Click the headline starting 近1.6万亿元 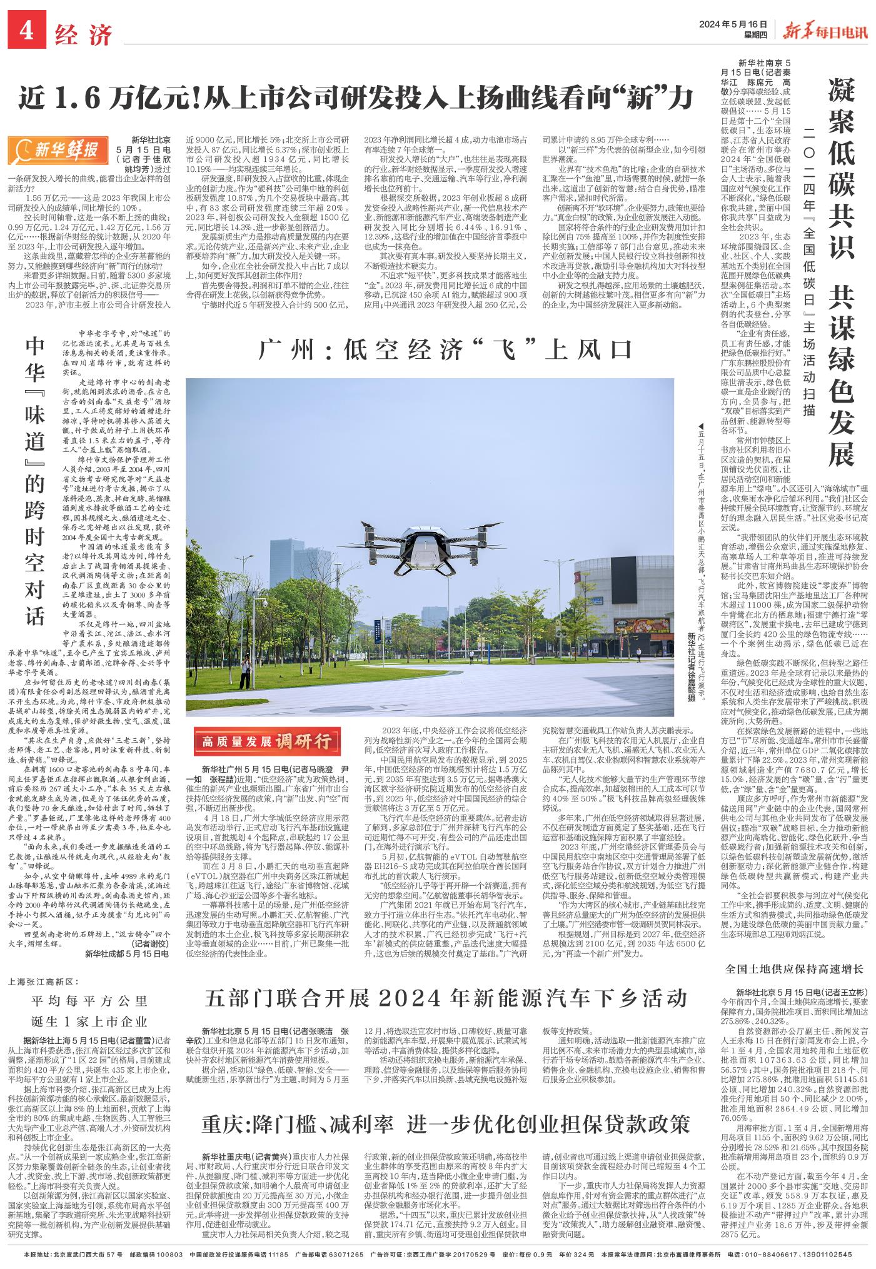tap(356, 97)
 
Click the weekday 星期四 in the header tap(753, 34)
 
